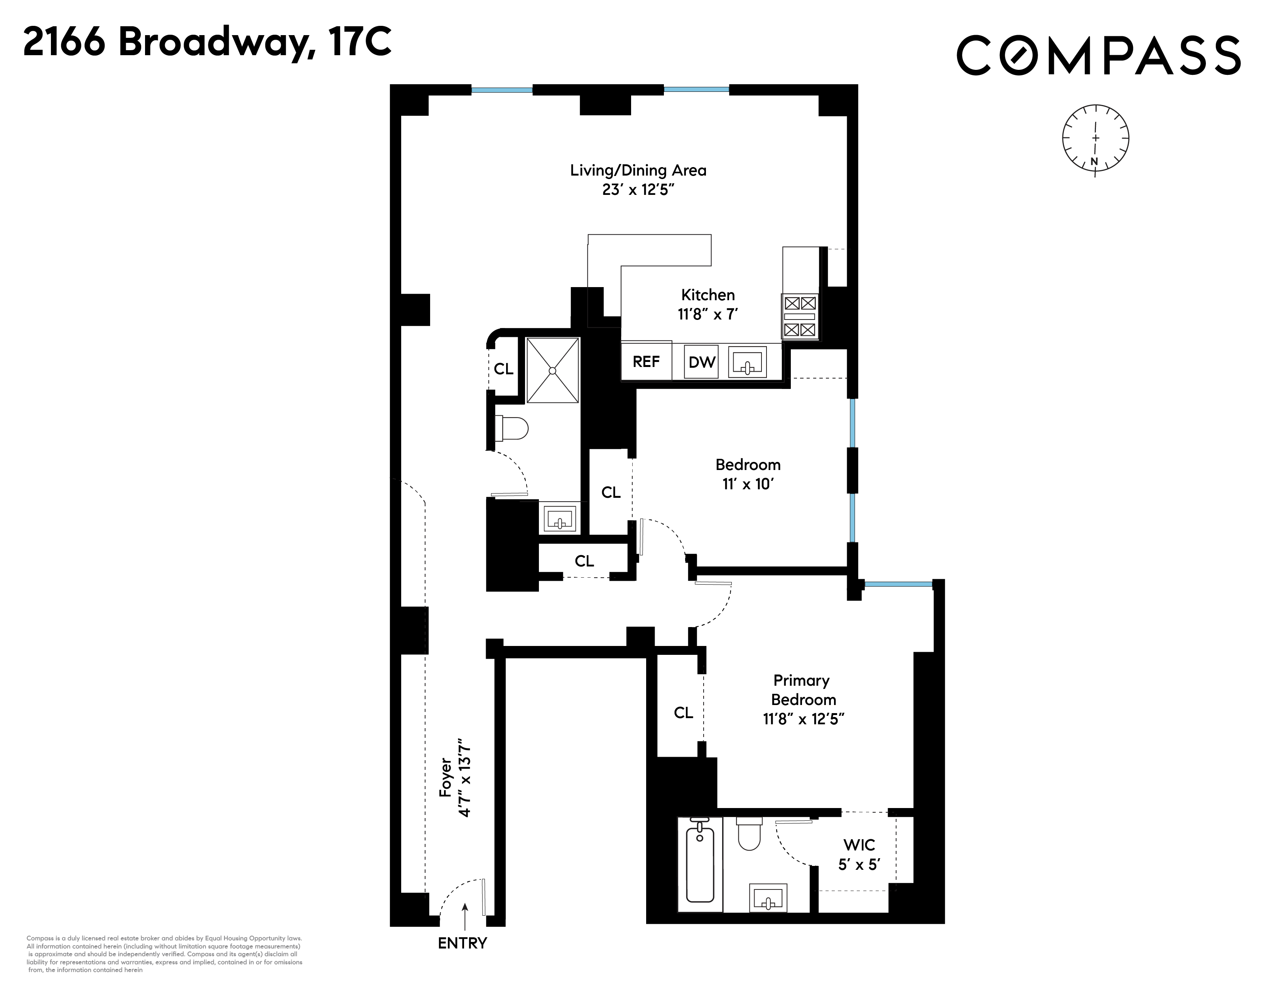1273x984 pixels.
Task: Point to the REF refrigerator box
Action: pyautogui.click(x=646, y=362)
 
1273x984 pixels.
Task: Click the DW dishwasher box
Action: pyautogui.click(x=701, y=362)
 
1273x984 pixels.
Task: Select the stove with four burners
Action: pyautogui.click(x=800, y=316)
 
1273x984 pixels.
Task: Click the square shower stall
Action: pyautogui.click(x=552, y=370)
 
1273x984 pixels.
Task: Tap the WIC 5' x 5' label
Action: pyautogui.click(x=859, y=854)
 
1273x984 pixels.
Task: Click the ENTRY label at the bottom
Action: pyautogui.click(x=462, y=943)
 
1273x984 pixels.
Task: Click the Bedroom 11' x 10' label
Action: pyautogui.click(x=748, y=474)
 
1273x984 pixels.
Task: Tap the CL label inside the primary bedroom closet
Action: pyautogui.click(x=683, y=712)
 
